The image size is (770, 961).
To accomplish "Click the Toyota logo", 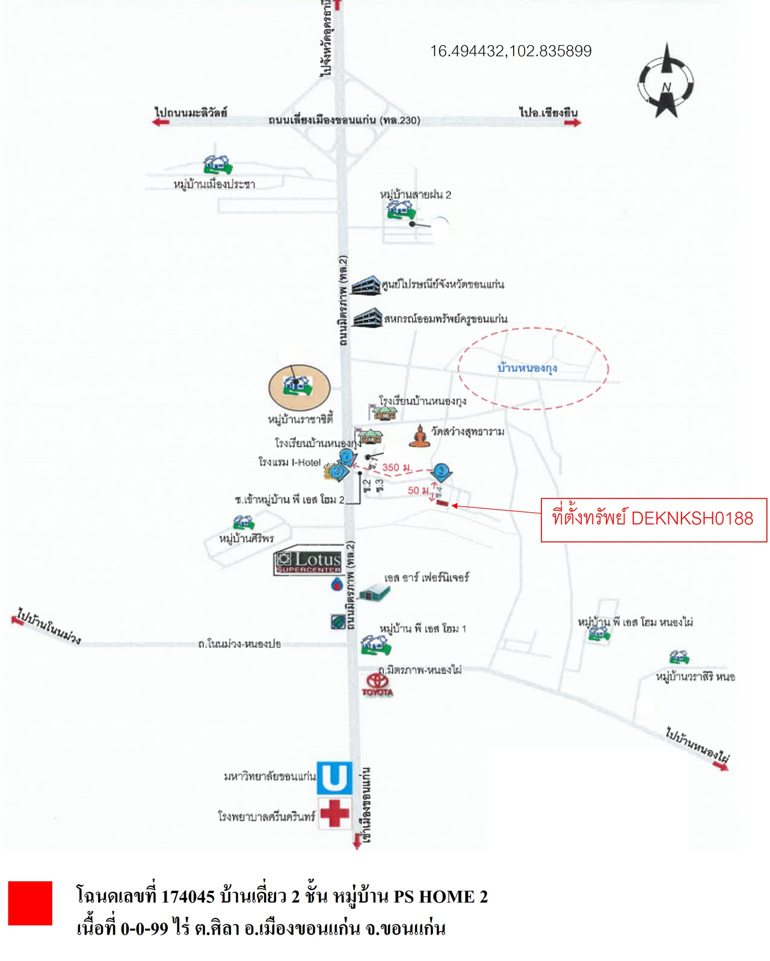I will pos(378,684).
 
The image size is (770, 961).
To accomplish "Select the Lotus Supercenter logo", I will pos(309,561).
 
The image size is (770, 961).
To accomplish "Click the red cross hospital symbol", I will pos(334,813).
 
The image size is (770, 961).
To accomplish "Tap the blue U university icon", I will pos(334,778).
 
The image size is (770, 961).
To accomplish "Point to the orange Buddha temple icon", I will pos(420,436).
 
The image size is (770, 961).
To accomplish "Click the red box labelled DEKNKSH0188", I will pos(653,519).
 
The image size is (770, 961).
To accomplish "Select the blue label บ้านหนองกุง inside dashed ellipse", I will pos(527,368).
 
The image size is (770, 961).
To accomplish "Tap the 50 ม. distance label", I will pos(419,490).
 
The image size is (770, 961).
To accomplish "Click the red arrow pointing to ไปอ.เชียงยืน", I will pos(573,123).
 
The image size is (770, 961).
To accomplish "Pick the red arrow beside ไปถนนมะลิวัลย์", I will pos(161,122).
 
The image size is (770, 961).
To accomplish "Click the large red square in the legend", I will pos(30,903).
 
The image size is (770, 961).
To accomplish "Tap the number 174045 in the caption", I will pos(188,896).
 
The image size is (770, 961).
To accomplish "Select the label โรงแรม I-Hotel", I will pos(289,462).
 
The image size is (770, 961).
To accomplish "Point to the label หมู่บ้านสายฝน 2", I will pos(415,194).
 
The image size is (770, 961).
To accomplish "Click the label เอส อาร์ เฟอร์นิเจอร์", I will pos(427,578).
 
